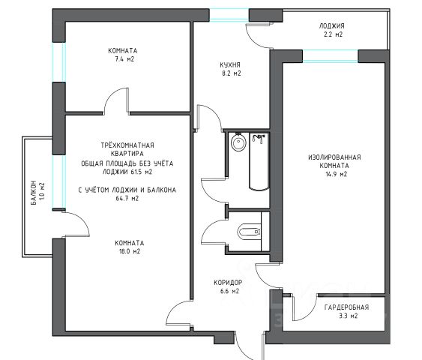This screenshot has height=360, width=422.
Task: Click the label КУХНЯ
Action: [x=230, y=65]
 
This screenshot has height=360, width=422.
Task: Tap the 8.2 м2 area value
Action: [x=231, y=73]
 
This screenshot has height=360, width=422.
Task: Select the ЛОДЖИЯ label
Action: [x=331, y=26]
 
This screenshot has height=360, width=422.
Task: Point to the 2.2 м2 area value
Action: [x=334, y=34]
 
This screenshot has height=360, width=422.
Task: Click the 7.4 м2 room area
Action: [x=124, y=59]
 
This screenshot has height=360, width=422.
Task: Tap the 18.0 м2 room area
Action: [x=130, y=251]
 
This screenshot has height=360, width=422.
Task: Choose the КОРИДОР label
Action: [x=228, y=283]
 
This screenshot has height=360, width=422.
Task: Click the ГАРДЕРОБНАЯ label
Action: [x=346, y=307]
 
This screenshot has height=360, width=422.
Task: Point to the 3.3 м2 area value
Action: [x=349, y=316]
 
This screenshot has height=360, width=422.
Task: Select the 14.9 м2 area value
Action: [x=336, y=174]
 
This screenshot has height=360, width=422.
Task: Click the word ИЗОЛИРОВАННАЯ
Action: [x=334, y=157]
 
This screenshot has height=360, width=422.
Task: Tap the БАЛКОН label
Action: [x=34, y=193]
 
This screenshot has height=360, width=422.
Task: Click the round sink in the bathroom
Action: [x=238, y=142]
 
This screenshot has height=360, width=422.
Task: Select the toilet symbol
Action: [x=249, y=232]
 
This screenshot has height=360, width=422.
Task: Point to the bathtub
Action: [x=259, y=161]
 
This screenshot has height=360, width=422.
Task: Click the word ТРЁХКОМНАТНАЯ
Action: [x=127, y=145]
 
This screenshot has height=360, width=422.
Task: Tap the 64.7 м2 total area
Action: [x=127, y=199]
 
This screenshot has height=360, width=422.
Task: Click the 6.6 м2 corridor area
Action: [x=229, y=291]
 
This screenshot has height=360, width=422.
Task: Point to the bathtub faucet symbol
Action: [x=259, y=139]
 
